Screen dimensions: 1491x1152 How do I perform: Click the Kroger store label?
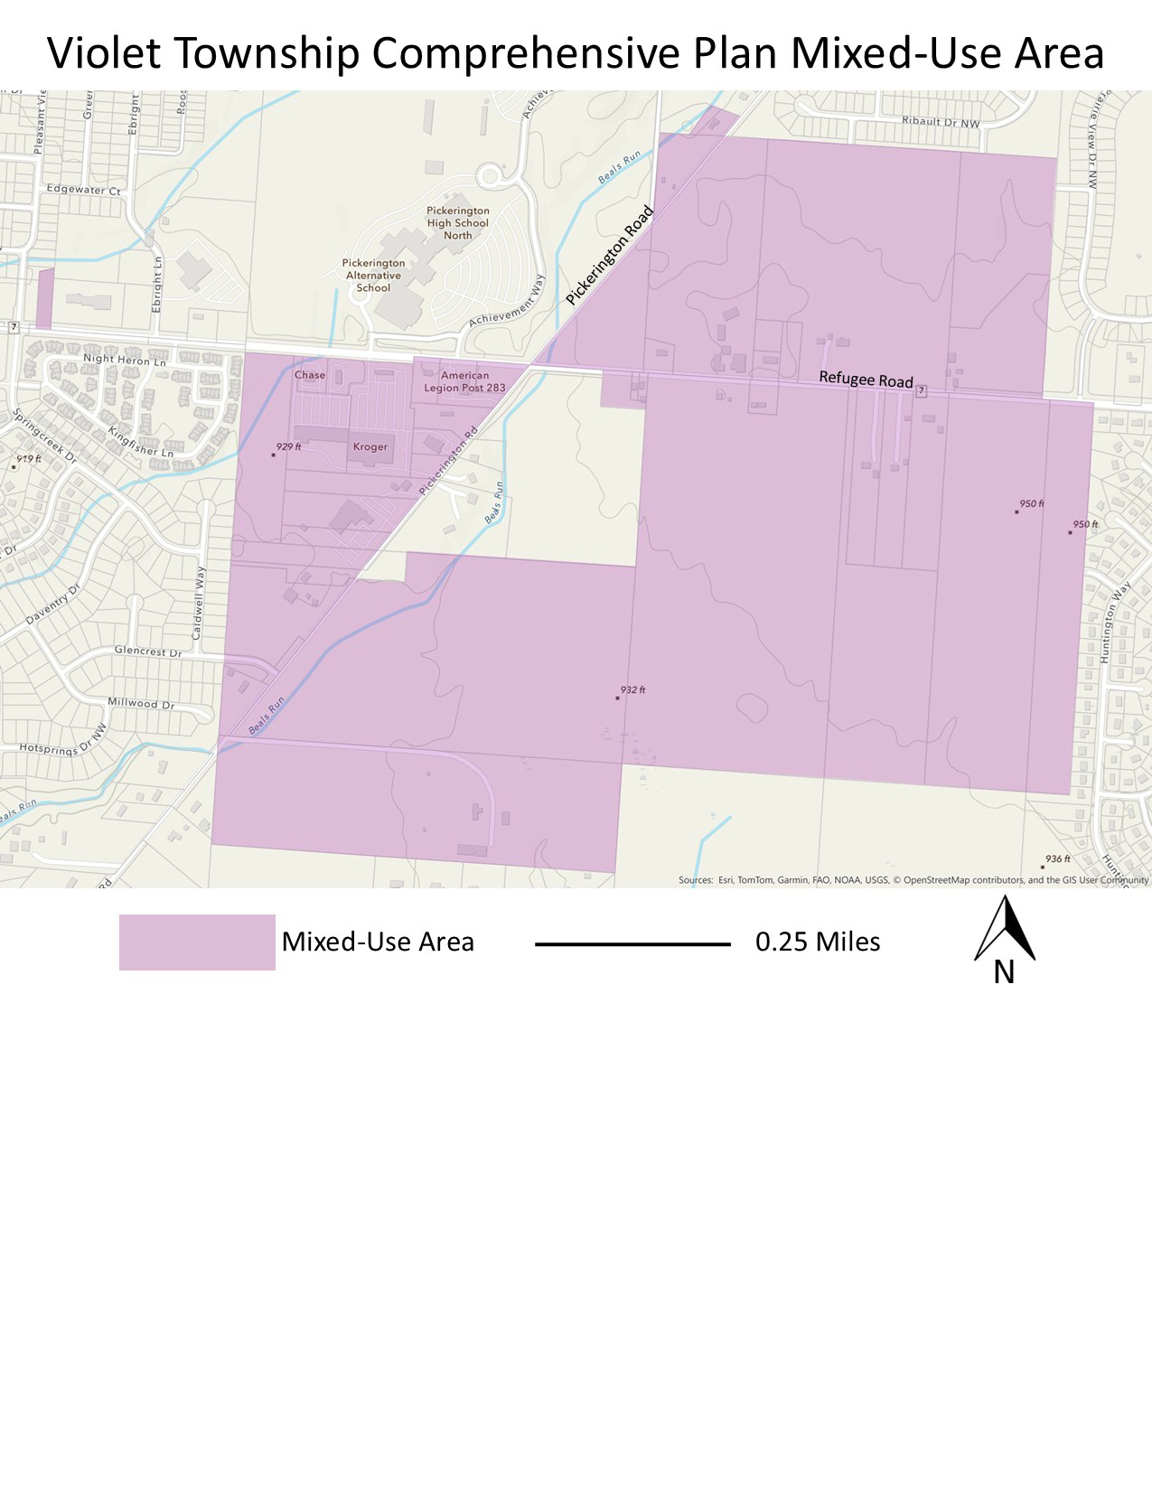pyautogui.click(x=370, y=446)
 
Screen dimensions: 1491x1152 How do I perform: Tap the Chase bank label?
pyautogui.click(x=310, y=375)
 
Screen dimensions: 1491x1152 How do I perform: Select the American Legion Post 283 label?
pyautogui.click(x=464, y=381)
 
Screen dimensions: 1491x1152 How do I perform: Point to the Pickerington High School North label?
pyautogui.click(x=457, y=222)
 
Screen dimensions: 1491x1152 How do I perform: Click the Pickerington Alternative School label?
pyautogui.click(x=373, y=276)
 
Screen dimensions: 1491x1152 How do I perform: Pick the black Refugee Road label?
pyautogui.click(x=866, y=380)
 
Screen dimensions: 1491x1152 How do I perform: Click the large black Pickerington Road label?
pyautogui.click(x=610, y=256)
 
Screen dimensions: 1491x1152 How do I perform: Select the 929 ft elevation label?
pyautogui.click(x=288, y=447)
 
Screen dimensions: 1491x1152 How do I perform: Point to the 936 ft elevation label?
pyautogui.click(x=1057, y=859)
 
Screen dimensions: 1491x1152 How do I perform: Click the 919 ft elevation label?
pyautogui.click(x=28, y=460)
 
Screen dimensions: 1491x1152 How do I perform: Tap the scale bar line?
pyautogui.click(x=632, y=944)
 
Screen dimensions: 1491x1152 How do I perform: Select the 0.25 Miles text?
pyautogui.click(x=818, y=942)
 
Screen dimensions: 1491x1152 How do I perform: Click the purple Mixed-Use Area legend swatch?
pyautogui.click(x=197, y=942)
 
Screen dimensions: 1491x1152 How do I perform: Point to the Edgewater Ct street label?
pyautogui.click(x=83, y=191)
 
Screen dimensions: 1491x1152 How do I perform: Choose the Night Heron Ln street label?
pyautogui.click(x=125, y=360)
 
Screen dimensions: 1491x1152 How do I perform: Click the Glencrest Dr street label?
pyautogui.click(x=147, y=652)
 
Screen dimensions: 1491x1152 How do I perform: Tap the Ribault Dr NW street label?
pyautogui.click(x=940, y=121)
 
